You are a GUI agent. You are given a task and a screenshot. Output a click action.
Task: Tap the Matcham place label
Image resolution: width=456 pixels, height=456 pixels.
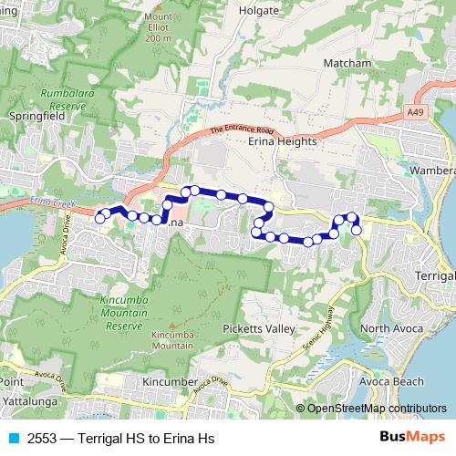pyautogui.click(x=347, y=63)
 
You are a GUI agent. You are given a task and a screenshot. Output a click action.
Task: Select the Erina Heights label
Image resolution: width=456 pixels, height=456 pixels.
pyautogui.click(x=282, y=142)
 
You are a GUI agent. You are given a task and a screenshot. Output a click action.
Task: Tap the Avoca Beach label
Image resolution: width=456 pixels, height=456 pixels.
pyautogui.click(x=392, y=381)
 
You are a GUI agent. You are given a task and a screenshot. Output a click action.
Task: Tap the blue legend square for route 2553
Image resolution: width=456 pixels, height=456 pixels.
pyautogui.click(x=12, y=438)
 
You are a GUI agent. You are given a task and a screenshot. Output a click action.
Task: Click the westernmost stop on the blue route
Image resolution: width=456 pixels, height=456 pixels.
pyautogui.click(x=99, y=218)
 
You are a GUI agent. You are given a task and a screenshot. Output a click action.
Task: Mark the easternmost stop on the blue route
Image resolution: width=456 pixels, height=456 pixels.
pyautogui.click(x=357, y=230)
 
